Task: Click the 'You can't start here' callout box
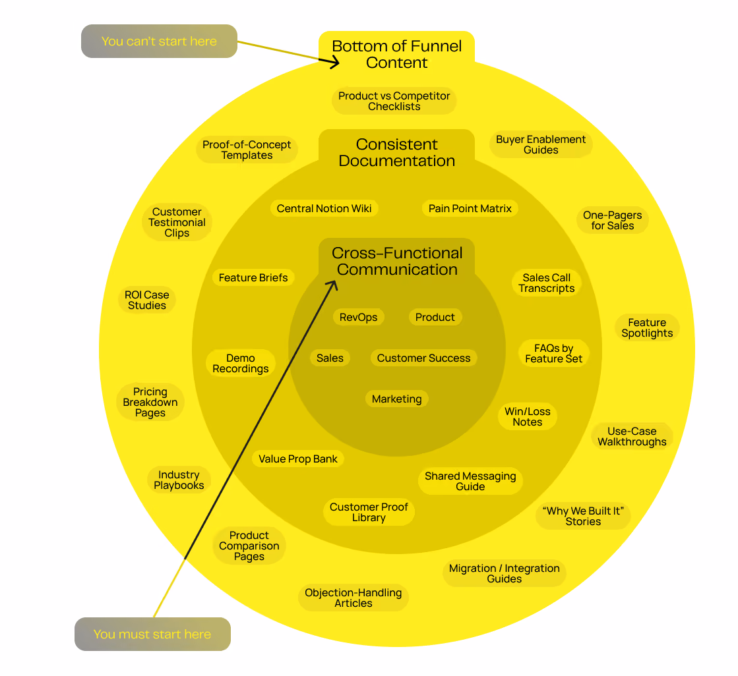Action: pyautogui.click(x=159, y=42)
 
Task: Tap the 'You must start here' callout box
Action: pyautogui.click(x=152, y=634)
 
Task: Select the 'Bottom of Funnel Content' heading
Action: pyautogui.click(x=397, y=54)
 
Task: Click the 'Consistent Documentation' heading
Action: pyautogui.click(x=397, y=152)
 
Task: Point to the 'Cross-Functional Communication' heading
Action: pyautogui.click(x=397, y=261)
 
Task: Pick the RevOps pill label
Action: pyautogui.click(x=359, y=318)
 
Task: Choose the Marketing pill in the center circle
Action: pyautogui.click(x=397, y=399)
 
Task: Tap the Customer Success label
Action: pyautogui.click(x=423, y=358)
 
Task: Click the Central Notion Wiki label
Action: pyautogui.click(x=324, y=209)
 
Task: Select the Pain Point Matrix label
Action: pyautogui.click(x=470, y=209)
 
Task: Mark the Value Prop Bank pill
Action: pyautogui.click(x=298, y=459)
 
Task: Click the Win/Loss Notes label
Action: pyautogui.click(x=528, y=416)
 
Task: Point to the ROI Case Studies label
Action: pyautogui.click(x=147, y=300)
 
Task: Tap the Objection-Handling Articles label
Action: pyautogui.click(x=354, y=598)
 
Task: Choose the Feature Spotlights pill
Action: pyautogui.click(x=647, y=327)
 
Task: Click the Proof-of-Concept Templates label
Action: pyautogui.click(x=247, y=150)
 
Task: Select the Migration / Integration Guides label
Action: pyautogui.click(x=505, y=573)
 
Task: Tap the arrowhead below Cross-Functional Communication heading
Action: pyautogui.click(x=332, y=285)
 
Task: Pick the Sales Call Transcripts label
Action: pyautogui.click(x=547, y=283)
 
